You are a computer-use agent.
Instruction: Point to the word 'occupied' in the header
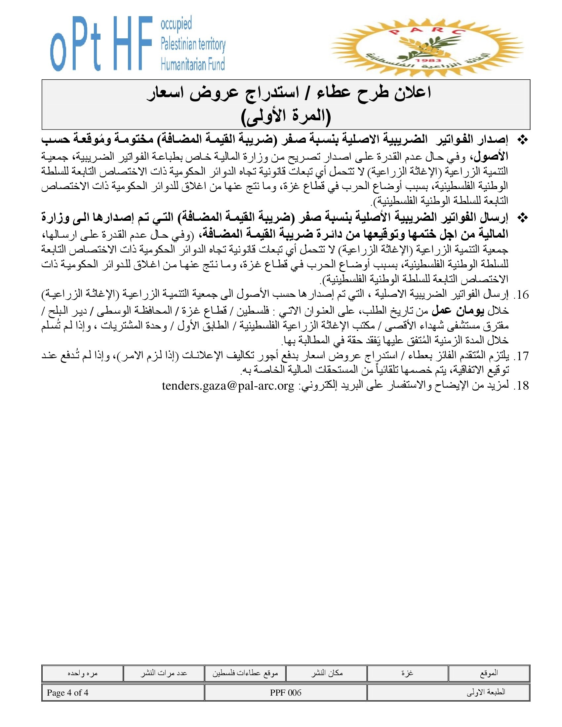[x=176, y=24]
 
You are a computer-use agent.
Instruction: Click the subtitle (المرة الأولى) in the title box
[x=286, y=117]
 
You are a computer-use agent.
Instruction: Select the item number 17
[x=521, y=357]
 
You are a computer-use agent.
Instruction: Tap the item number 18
[x=521, y=386]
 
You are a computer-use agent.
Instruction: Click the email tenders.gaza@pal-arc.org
[x=228, y=386]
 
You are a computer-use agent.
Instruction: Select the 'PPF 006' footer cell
[x=286, y=693]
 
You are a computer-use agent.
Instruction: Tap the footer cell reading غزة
[x=408, y=673]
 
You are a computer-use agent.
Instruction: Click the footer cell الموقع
[x=489, y=673]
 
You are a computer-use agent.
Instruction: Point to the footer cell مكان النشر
[x=327, y=673]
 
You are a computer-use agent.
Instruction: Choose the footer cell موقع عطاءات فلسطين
[x=245, y=673]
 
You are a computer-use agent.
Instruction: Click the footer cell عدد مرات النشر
[x=163, y=673]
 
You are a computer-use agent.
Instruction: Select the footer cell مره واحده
[x=82, y=673]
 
